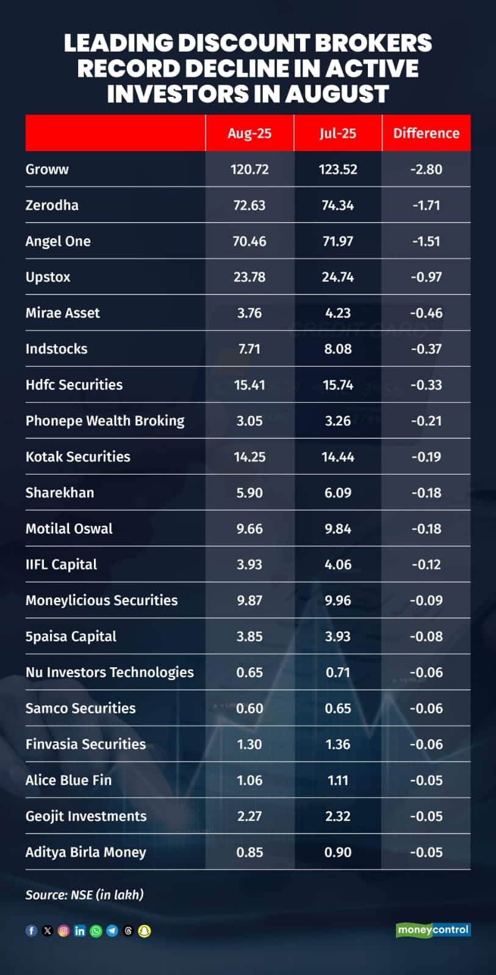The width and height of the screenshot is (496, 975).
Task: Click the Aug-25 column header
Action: pyautogui.click(x=250, y=133)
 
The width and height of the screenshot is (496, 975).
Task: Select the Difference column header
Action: pyautogui.click(x=426, y=133)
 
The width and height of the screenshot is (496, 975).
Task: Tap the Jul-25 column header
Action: pyautogui.click(x=337, y=133)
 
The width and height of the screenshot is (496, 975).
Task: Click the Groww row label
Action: pyautogui.click(x=47, y=169)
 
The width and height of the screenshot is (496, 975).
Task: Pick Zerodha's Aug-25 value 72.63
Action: pyautogui.click(x=250, y=205)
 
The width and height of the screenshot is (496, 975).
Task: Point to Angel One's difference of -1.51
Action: pyautogui.click(x=426, y=241)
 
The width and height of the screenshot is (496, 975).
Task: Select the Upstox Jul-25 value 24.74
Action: pyautogui.click(x=337, y=277)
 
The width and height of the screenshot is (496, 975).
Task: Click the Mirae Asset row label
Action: pyautogui.click(x=62, y=313)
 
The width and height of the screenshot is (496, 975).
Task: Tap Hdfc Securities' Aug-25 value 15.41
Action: pyautogui.click(x=250, y=385)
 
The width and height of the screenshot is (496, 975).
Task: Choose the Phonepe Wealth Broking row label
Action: pyautogui.click(x=105, y=421)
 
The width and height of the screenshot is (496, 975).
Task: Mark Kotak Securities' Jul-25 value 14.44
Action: pyautogui.click(x=337, y=457)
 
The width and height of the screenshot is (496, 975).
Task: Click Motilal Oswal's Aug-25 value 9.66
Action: pyautogui.click(x=250, y=529)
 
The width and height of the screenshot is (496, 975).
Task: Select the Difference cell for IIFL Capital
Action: pyautogui.click(x=426, y=565)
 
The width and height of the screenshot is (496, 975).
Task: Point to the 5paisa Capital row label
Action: pyautogui.click(x=71, y=637)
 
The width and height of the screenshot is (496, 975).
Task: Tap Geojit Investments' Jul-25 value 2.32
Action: pyautogui.click(x=337, y=817)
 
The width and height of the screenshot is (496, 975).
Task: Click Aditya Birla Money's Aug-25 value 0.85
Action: pyautogui.click(x=250, y=853)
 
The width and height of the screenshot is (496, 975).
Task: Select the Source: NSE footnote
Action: pyautogui.click(x=84, y=895)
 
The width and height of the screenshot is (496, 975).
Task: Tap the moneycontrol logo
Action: pyautogui.click(x=433, y=930)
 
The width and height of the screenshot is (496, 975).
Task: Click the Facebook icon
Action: pyautogui.click(x=31, y=931)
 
